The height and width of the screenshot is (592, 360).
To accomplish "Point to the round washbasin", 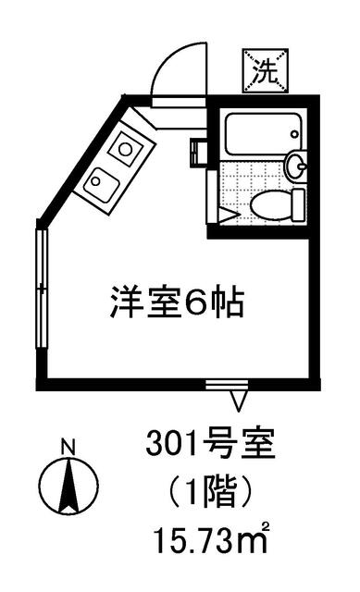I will coord(295,166).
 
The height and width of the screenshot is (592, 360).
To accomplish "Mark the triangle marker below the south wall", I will coord(239,401).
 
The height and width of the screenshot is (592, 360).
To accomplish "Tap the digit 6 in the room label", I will coord(205,302).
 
